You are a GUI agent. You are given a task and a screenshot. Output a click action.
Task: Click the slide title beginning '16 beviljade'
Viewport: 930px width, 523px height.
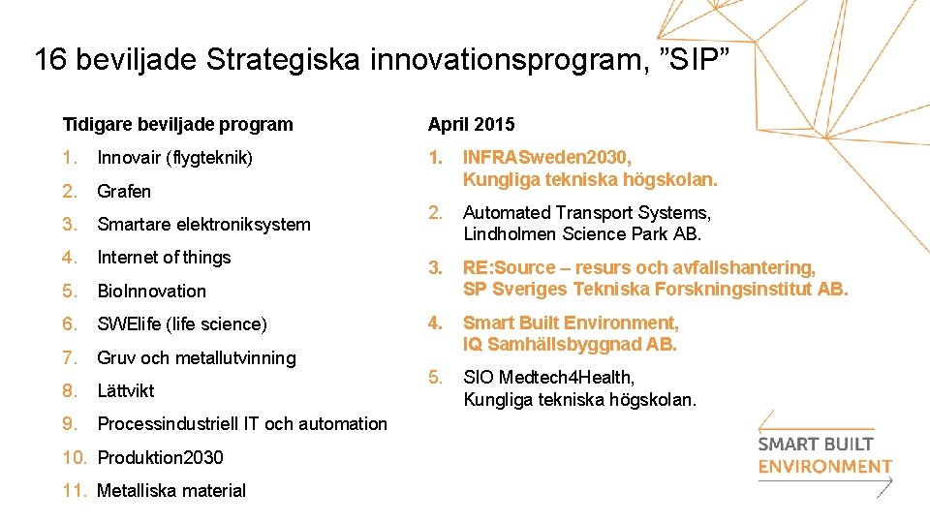pos(382,60)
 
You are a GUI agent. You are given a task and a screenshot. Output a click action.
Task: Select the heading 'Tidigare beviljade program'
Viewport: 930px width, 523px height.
pos(177,124)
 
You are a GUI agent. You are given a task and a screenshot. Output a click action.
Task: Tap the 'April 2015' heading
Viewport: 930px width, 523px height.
pos(472,124)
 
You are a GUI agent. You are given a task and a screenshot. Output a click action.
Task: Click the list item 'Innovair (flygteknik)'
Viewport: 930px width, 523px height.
pos(174,157)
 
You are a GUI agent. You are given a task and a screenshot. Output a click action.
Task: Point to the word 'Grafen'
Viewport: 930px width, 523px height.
pos(124,191)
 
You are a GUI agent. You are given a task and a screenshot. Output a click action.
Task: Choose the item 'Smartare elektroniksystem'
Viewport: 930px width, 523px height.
pos(203,224)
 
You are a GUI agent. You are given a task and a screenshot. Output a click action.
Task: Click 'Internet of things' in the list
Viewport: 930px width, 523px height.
pos(164,257)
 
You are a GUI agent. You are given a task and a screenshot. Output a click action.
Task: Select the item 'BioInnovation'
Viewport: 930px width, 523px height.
pos(151,291)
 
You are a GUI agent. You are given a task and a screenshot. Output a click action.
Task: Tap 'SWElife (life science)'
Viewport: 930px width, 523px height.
pos(181,323)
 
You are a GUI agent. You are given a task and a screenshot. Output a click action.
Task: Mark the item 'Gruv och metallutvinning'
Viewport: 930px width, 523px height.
pos(196,357)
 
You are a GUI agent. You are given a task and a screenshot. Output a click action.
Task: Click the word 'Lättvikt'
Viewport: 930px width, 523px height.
pos(126,390)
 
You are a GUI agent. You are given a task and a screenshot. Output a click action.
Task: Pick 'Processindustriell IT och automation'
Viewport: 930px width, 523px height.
pos(242,423)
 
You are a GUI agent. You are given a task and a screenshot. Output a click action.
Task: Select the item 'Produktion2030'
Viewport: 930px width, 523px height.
pos(160,457)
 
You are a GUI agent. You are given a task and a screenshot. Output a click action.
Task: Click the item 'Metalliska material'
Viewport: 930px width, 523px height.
pos(171,490)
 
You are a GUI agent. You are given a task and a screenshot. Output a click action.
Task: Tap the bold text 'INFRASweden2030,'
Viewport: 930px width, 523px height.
pos(547,157)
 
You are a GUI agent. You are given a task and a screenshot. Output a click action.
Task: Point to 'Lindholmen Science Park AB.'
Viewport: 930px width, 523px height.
pos(582,233)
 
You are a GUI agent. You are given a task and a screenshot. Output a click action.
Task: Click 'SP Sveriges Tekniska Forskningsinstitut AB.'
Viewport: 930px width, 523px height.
pos(655,289)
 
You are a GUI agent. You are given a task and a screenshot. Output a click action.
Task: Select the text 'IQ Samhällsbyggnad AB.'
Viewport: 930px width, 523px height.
pos(570,344)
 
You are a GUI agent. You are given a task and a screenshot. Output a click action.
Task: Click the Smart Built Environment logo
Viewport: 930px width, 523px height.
pos(823,454)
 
